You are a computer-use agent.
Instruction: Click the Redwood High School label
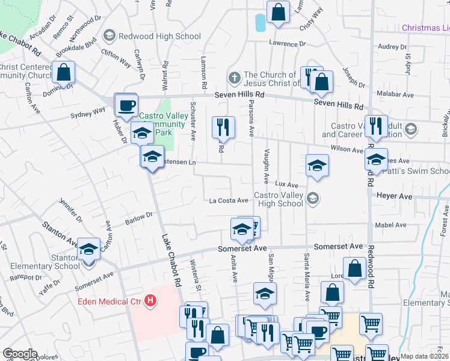click(x=159, y=36)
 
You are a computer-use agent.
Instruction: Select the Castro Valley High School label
click(x=278, y=199)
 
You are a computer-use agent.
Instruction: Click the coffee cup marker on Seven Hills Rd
click(x=126, y=105)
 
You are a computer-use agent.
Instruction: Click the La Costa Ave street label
click(x=229, y=200)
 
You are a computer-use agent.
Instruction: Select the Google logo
click(x=20, y=354)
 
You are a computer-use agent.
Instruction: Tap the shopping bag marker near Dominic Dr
click(x=64, y=72)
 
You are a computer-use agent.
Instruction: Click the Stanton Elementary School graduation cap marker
click(x=88, y=249)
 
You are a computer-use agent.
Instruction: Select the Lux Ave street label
click(x=287, y=185)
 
